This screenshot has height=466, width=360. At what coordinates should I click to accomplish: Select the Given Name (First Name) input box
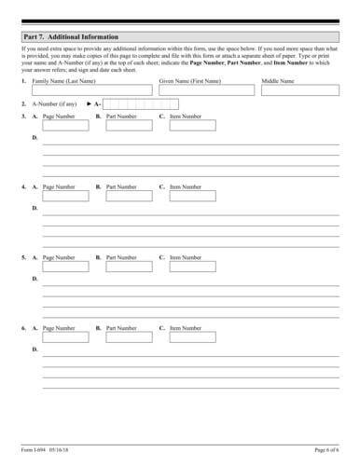point(205,91)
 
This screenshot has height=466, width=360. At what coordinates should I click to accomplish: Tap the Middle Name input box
point(300,91)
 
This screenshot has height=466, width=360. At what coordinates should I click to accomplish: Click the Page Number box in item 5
point(63,265)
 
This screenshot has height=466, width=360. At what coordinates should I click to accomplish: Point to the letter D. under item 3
point(35,137)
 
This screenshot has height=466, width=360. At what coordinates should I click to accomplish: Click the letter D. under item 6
point(35,349)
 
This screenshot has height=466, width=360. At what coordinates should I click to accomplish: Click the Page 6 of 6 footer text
point(326,450)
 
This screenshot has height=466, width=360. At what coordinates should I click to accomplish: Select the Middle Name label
point(277,81)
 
